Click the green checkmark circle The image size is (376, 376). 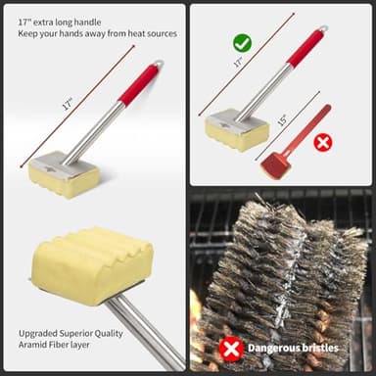[241, 43]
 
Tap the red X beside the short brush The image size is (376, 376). [322, 142]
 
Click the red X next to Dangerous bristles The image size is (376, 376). [231, 348]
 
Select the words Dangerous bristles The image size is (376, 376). [293, 348]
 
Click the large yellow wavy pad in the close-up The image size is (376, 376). [91, 264]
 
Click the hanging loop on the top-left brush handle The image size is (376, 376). [159, 64]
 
